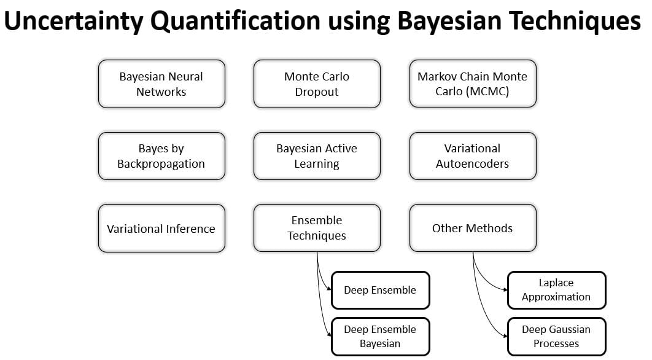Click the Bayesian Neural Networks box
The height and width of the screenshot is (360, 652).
coord(161,84)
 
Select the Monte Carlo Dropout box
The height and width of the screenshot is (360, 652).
coord(317,84)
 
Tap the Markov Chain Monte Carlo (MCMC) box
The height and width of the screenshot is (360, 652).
coord(473,84)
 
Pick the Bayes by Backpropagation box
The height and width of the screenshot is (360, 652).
coord(161,156)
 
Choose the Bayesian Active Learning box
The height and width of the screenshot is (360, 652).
coord(317,156)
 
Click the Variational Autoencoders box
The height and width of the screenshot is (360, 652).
coord(473,156)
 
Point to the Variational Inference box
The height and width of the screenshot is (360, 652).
coord(161,229)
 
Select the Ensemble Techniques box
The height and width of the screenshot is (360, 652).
coord(317,228)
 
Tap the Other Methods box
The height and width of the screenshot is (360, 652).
coord(473,228)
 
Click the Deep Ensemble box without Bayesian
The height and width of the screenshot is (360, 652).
coord(381,291)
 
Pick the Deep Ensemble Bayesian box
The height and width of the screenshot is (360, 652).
coord(381,337)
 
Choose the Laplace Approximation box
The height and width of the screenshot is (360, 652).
coord(557,291)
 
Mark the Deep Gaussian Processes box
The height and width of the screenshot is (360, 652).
coord(557,337)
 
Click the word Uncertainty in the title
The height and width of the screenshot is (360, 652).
coord(74,21)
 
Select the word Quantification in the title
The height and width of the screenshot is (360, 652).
coord(235,21)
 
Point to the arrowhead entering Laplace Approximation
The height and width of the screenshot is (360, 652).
coord(505,290)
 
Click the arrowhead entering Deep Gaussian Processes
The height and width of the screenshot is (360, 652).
coord(505,336)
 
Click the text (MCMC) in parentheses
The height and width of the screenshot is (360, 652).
coord(488,91)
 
